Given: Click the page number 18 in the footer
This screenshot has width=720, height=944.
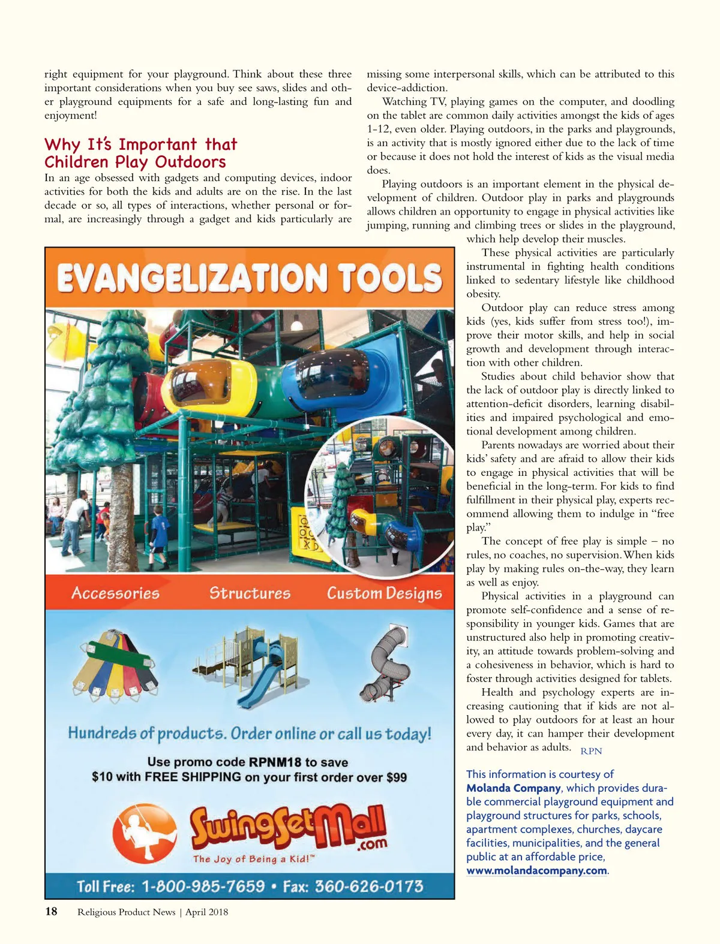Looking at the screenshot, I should [x=52, y=912].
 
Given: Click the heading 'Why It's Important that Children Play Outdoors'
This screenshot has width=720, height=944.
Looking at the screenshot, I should [x=140, y=153].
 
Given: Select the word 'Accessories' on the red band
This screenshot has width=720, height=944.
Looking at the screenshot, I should [x=115, y=593].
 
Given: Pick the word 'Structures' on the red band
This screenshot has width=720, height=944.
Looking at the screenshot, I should [x=250, y=593].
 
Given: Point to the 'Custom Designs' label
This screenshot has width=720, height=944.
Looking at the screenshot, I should [x=384, y=593].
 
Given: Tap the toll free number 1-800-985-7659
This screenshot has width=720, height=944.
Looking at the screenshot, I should [x=203, y=886].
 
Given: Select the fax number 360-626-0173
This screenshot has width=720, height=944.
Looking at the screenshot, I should [x=369, y=886].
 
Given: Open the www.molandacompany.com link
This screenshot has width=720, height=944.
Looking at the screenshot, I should [x=537, y=871].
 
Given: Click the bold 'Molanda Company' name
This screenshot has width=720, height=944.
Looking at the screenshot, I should [x=514, y=788].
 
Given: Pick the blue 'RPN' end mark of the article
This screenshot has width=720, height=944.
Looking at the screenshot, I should [x=591, y=751].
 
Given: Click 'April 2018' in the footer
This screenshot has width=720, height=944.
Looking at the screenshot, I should [x=206, y=912].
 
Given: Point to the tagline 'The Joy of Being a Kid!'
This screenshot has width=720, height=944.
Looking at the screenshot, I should [x=253, y=859].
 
